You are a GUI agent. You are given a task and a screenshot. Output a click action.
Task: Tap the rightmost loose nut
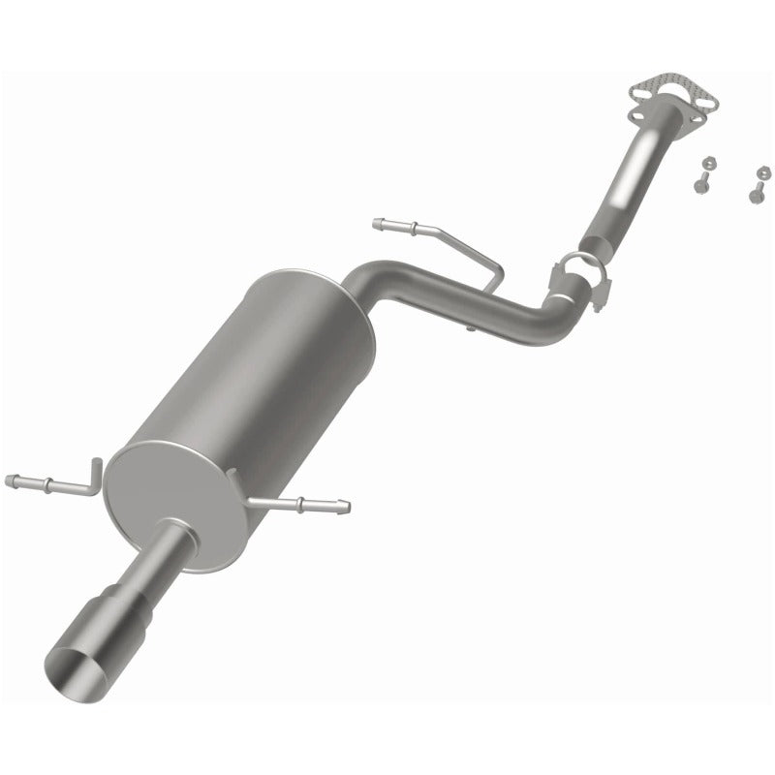pos(762,176)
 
